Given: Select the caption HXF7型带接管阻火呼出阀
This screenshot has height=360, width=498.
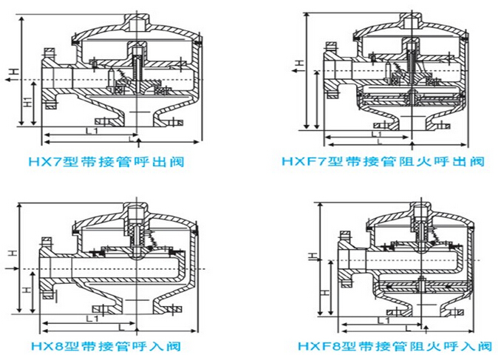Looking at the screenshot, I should pos(383,160).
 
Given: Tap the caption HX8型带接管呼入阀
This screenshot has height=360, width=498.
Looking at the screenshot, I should pos(109,344).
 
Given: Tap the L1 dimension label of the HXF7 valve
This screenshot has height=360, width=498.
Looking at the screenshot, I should pos(376,135).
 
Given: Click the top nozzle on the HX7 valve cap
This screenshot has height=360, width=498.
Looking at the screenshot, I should pos(136,20).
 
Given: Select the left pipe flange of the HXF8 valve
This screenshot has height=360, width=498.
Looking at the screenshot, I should pos(345,262).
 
